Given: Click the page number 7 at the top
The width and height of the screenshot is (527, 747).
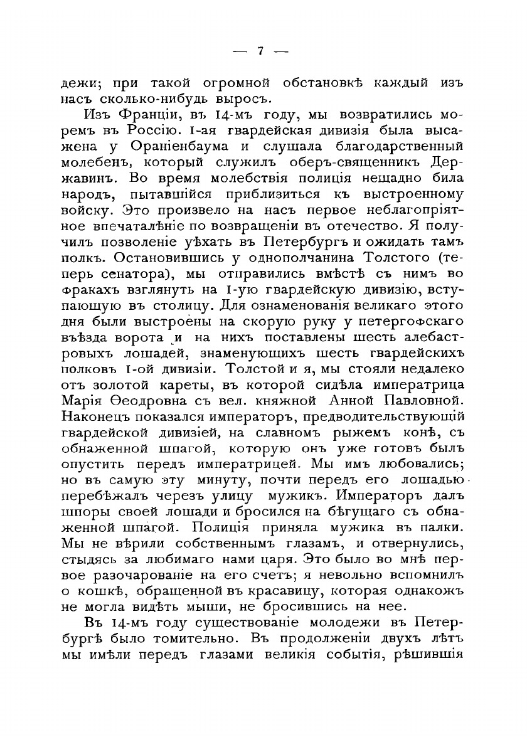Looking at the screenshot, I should point(260,52).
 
